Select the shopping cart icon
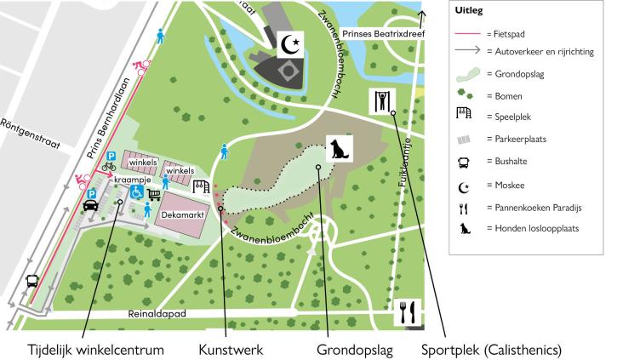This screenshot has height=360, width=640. click(x=154, y=194)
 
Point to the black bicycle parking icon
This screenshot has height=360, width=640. click(x=109, y=167)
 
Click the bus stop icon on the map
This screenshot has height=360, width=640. click(x=31, y=282)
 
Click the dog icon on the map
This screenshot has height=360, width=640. click(x=339, y=150)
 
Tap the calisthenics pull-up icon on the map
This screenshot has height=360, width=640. click(x=381, y=101)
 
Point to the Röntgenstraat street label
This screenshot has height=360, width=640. click(x=31, y=133)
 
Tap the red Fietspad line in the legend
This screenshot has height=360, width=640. click(x=467, y=33)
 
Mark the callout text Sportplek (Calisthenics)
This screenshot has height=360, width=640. click(x=494, y=349)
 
